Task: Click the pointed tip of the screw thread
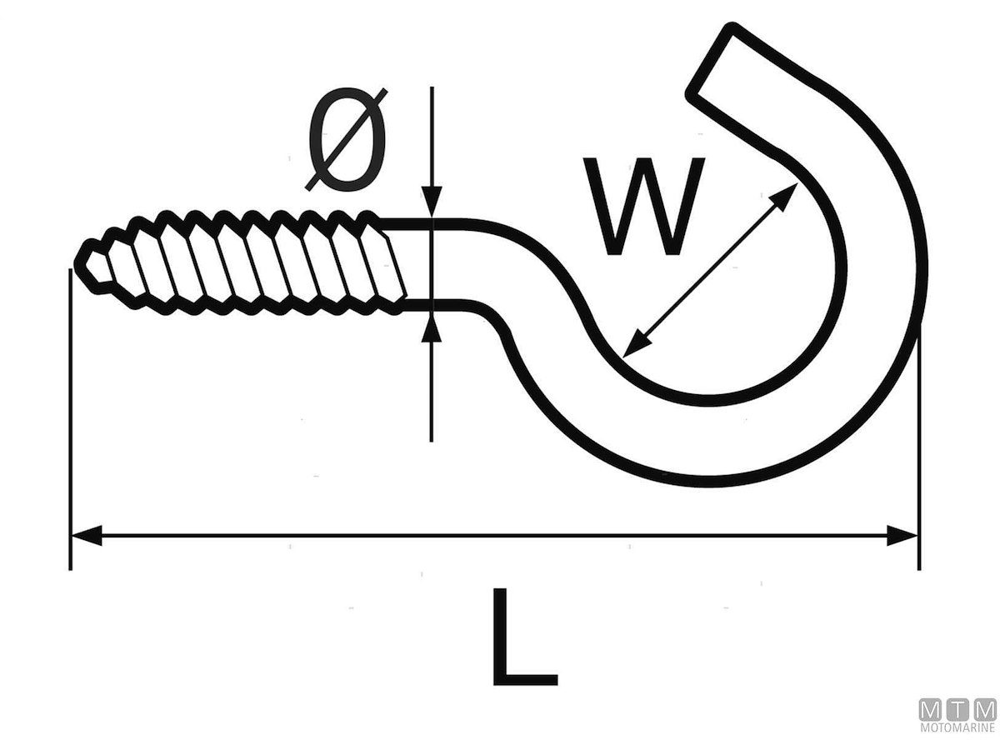pyautogui.click(x=81, y=262)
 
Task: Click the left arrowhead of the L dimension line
pyautogui.click(x=87, y=536)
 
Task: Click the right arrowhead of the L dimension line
pyautogui.click(x=902, y=536)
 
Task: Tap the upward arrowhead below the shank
pyautogui.click(x=431, y=329)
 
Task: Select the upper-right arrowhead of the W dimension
pyautogui.click(x=784, y=197)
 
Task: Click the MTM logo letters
pyautogui.click(x=957, y=710)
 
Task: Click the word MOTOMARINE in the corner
pyautogui.click(x=957, y=728)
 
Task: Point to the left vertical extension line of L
pyautogui.click(x=70, y=417)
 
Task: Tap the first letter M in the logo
pyautogui.click(x=929, y=710)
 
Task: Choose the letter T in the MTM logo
pyautogui.click(x=957, y=710)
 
